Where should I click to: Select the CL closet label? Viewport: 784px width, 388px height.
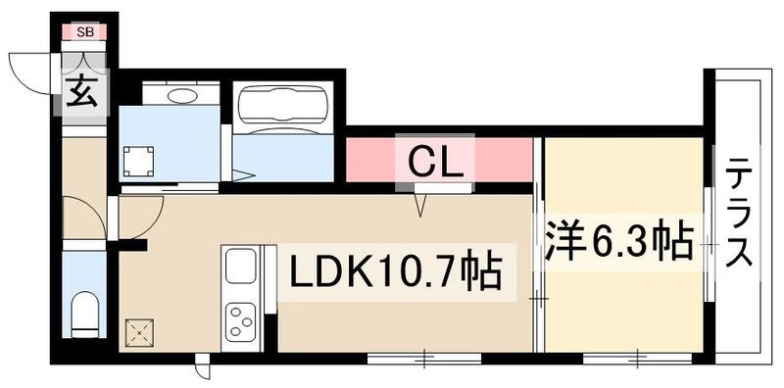pyautogui.click(x=435, y=160)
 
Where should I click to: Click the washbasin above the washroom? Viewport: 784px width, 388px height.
pyautogui.click(x=180, y=95)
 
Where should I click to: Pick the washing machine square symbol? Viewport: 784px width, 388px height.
pyautogui.click(x=138, y=159)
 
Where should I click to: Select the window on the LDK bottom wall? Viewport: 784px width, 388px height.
pyautogui.click(x=423, y=359)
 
